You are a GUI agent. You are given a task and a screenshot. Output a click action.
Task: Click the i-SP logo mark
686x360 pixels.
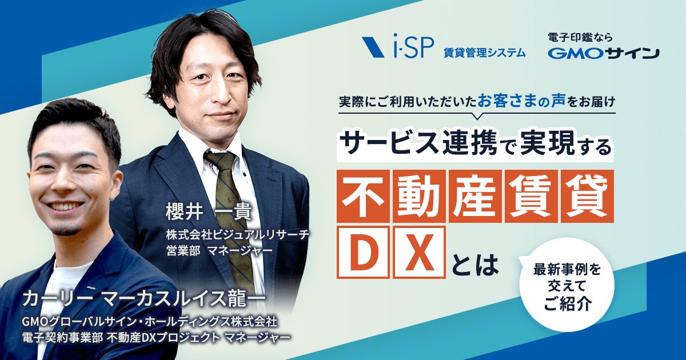pyautogui.click(x=373, y=47)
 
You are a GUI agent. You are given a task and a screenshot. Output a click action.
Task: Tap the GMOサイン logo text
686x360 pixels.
pyautogui.click(x=603, y=54)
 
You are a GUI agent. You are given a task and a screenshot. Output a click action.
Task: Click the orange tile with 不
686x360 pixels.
pyautogui.click(x=363, y=196)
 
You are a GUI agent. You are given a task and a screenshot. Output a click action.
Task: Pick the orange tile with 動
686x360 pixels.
pyautogui.click(x=419, y=196)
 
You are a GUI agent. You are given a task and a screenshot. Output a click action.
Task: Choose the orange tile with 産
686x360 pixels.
pyautogui.click(x=475, y=196)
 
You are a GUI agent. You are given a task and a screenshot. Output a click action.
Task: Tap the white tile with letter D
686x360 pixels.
pyautogui.click(x=363, y=252)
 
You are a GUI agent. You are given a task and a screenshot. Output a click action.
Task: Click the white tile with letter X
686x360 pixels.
pyautogui.click(x=419, y=252)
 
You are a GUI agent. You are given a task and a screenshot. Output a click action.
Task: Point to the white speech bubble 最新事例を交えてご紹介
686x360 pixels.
pyautogui.click(x=567, y=285)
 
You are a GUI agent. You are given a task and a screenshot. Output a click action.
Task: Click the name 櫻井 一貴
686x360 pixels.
pyautogui.click(x=209, y=211)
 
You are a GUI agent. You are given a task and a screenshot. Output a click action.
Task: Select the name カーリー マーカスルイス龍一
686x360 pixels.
pyautogui.click(x=144, y=299)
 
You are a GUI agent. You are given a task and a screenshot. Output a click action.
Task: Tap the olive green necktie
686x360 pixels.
pyautogui.click(x=233, y=214)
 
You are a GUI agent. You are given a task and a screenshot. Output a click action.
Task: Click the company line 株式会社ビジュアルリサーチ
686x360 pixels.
pyautogui.click(x=237, y=234)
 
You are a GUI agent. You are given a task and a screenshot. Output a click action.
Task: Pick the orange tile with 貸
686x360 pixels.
pyautogui.click(x=588, y=196)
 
